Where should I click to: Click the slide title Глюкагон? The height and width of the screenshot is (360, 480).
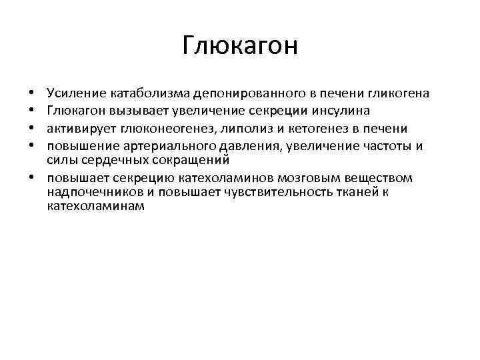[240, 47]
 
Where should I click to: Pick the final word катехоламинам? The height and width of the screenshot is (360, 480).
[95, 207]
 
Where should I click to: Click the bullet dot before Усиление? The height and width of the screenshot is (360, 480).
[32, 92]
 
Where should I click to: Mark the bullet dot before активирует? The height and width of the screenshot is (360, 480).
[32, 128]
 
